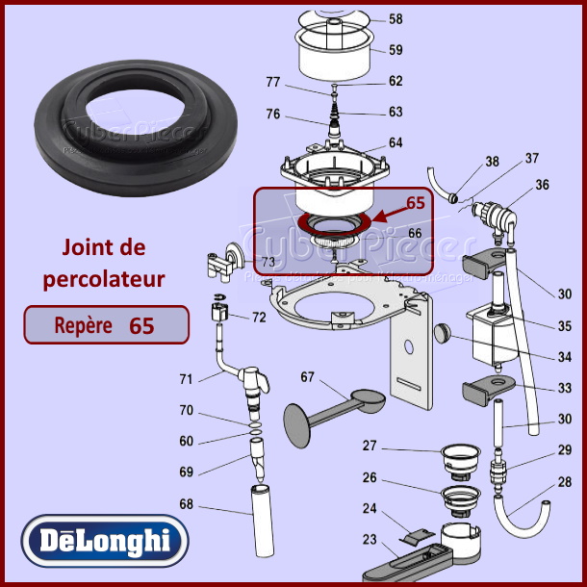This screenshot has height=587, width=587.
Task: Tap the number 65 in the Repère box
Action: [x=141, y=325]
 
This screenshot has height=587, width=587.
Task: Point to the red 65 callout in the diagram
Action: [x=415, y=203]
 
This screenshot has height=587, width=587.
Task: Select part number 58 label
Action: [x=396, y=19]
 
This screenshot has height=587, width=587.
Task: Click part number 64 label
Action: [x=396, y=143]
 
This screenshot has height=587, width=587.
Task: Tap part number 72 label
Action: [x=259, y=317]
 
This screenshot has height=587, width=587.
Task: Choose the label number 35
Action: [x=565, y=325]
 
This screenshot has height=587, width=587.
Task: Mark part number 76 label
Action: [x=272, y=115]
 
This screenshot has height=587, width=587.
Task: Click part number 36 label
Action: [x=542, y=185]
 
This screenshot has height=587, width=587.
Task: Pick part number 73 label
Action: [x=268, y=262]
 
